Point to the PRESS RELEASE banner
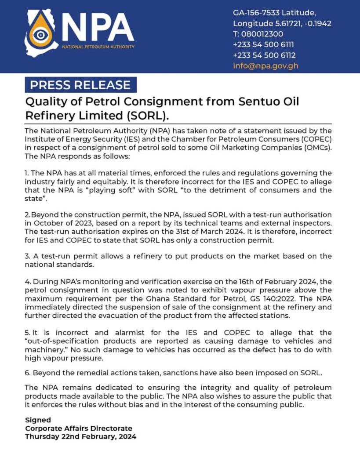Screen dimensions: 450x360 click(x=80, y=85)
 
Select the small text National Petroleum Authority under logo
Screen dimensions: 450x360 click(x=98, y=47)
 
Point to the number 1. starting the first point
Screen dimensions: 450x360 click(x=27, y=174)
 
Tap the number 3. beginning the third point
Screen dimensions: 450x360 click(x=28, y=256)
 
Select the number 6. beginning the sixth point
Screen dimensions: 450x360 click(x=28, y=373)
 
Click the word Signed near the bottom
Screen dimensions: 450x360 click(x=38, y=420)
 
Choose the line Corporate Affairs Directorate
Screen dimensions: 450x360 click(x=79, y=428)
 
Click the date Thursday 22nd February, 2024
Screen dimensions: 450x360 click(x=80, y=436)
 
